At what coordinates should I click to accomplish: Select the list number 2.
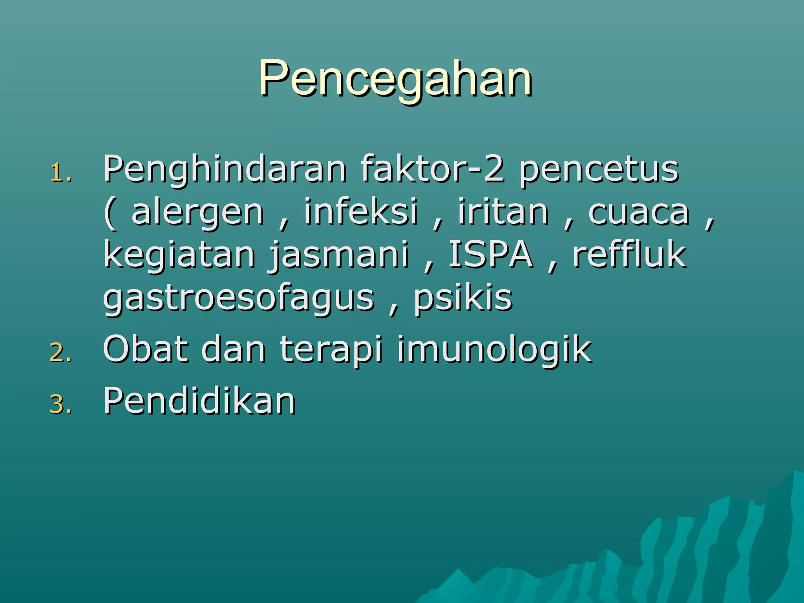point(61,353)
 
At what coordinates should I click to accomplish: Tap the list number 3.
point(61,404)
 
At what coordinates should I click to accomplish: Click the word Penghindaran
point(225,170)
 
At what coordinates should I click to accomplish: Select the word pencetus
point(599,170)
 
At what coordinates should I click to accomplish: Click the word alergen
point(197,213)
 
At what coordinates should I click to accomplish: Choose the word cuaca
point(638,213)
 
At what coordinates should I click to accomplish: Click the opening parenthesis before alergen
point(110,214)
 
